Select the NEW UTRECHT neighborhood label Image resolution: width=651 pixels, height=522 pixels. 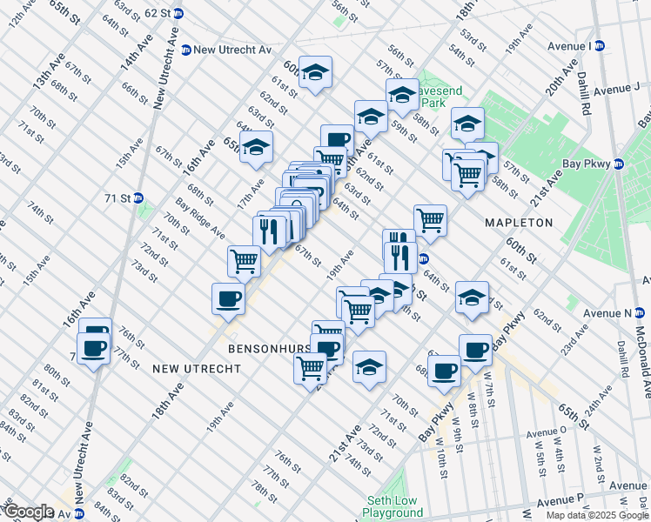pyautogui.click(x=196, y=369)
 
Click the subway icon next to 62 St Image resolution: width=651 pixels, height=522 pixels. pyautogui.click(x=178, y=14)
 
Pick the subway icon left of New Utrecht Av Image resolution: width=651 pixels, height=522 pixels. pyautogui.click(x=185, y=50)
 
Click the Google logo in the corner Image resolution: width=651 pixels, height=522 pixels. pyautogui.click(x=29, y=512)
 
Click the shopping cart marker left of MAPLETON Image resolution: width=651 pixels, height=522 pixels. pyautogui.click(x=430, y=219)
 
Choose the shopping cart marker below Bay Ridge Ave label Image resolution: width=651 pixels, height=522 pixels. pyautogui.click(x=245, y=259)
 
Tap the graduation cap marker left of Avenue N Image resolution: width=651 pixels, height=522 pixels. pyautogui.click(x=472, y=298)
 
